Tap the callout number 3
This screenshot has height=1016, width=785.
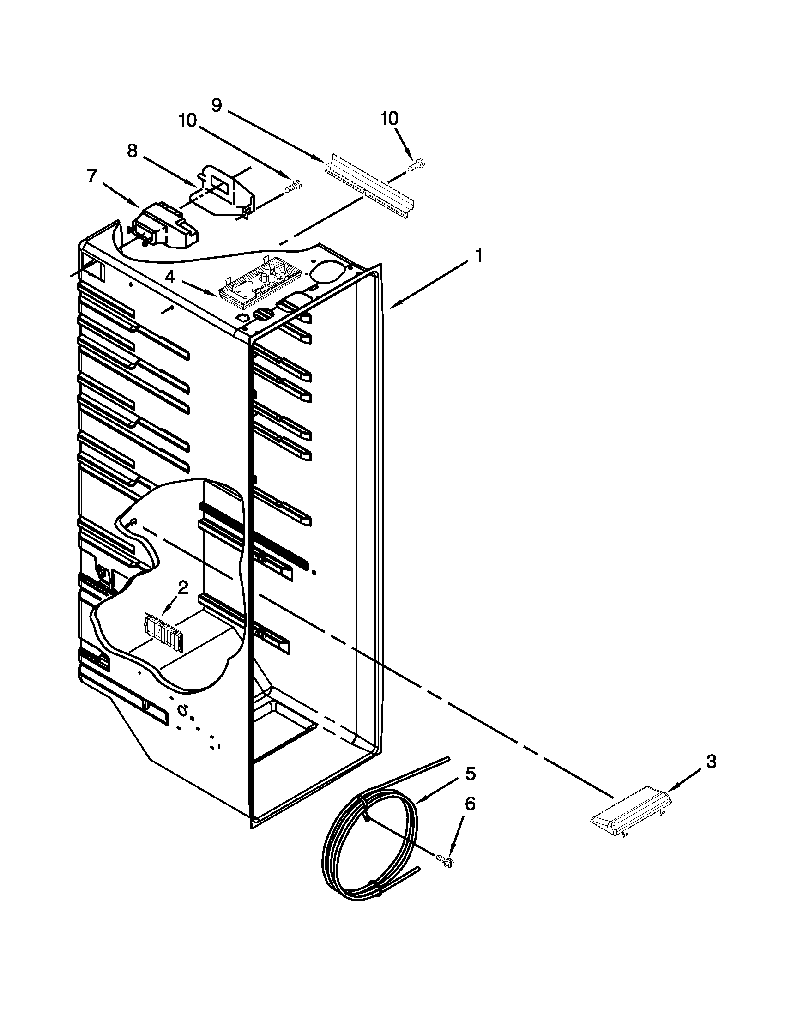click(x=711, y=762)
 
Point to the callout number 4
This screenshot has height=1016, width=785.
click(x=170, y=277)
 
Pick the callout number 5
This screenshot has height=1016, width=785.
click(x=470, y=774)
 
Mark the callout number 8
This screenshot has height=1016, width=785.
click(x=132, y=151)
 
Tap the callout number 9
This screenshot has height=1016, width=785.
click(x=217, y=105)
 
